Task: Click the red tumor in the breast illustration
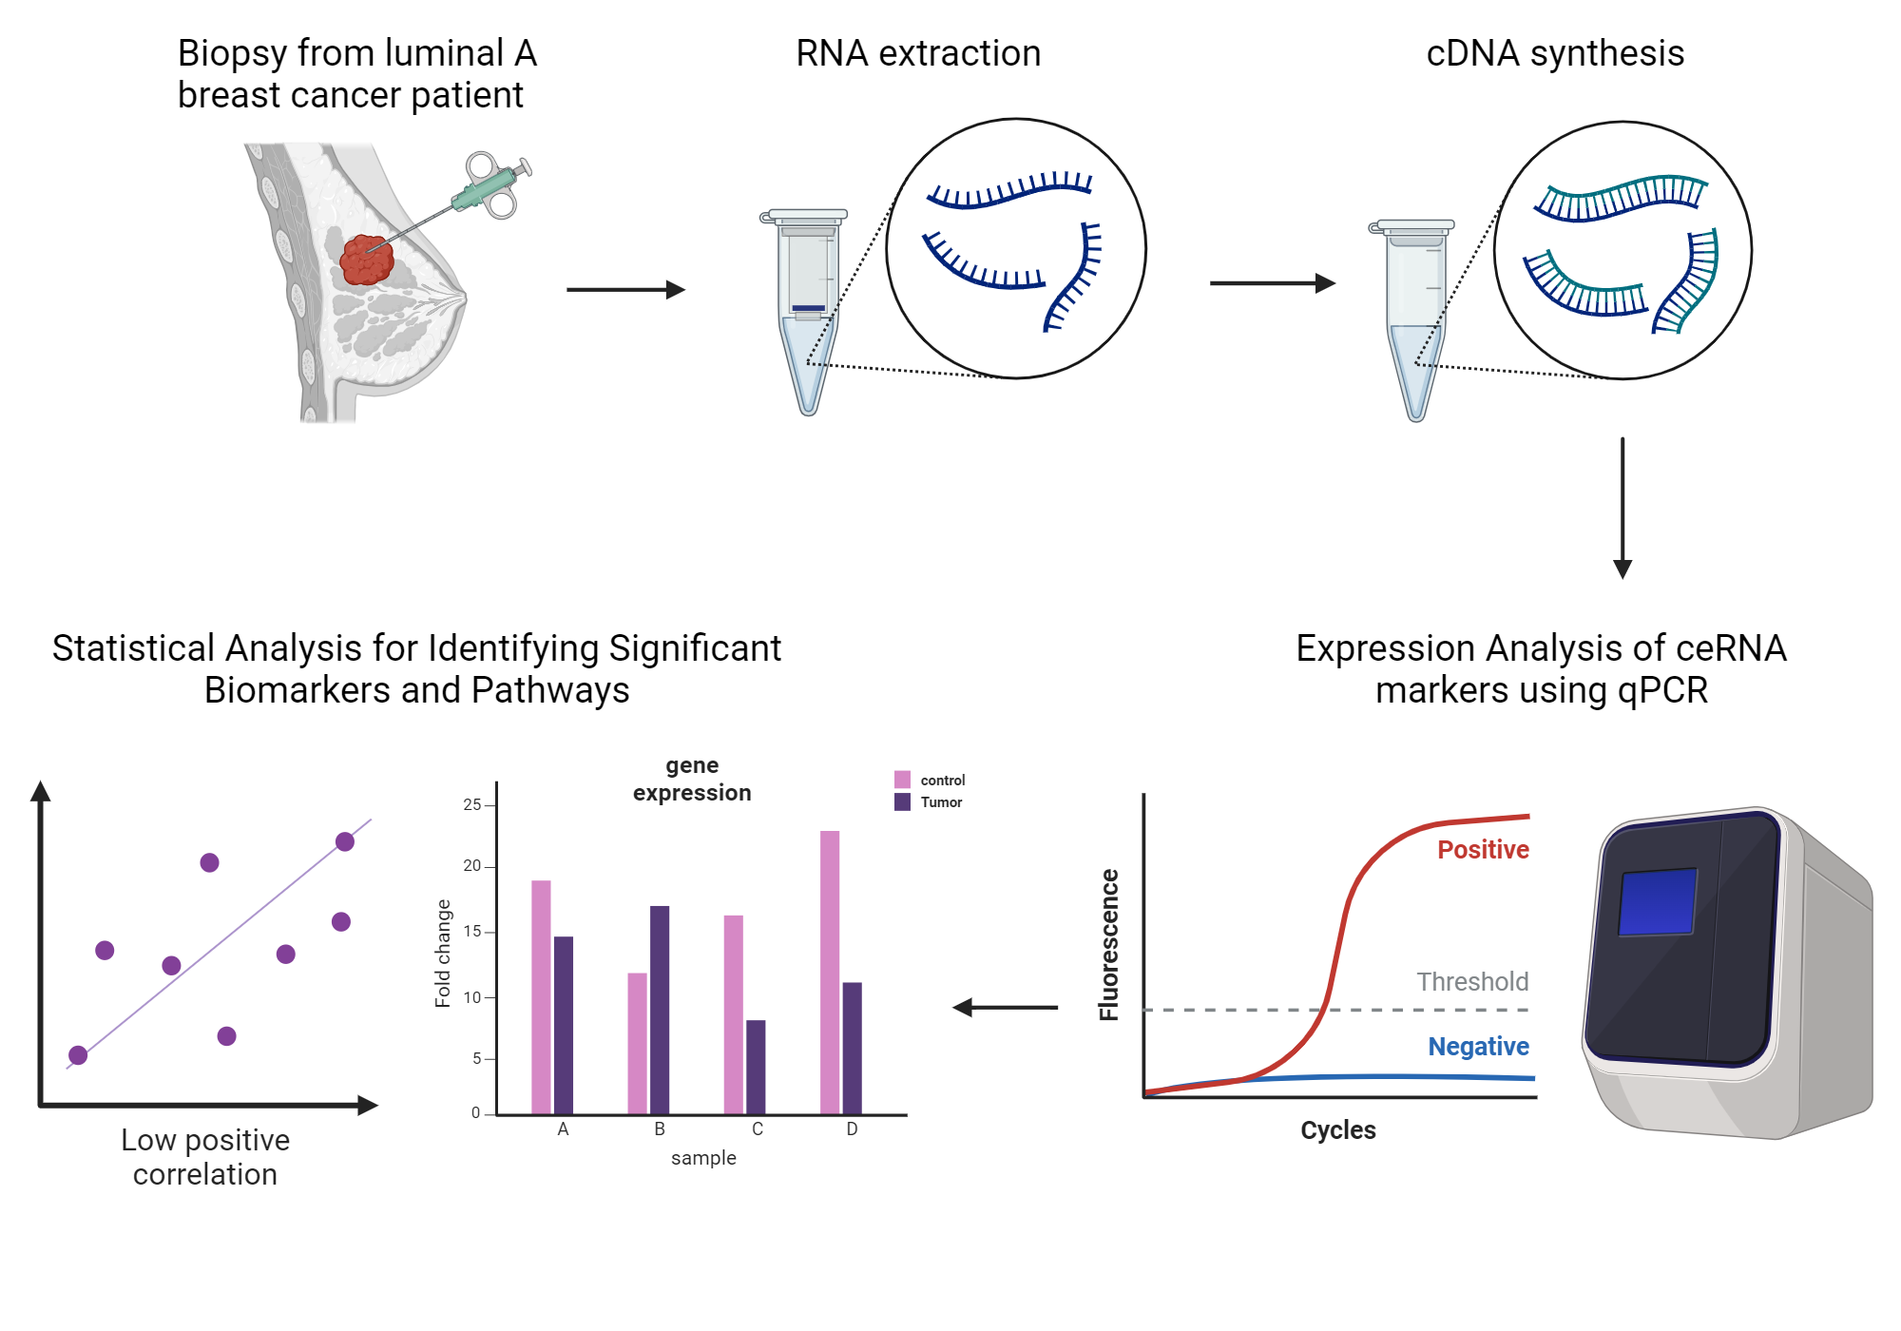point(366,260)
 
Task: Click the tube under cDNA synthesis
point(1415,318)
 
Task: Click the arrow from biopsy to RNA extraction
point(625,289)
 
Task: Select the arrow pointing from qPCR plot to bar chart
point(1006,1007)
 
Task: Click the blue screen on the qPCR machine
point(1658,901)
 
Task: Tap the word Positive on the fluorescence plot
point(1482,849)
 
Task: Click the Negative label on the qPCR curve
point(1478,1046)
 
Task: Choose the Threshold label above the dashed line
point(1472,981)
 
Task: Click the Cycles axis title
point(1337,1129)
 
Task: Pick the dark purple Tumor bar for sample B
point(660,1010)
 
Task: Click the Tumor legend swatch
point(902,802)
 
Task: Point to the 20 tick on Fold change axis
point(472,866)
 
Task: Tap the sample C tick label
point(758,1128)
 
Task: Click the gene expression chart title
point(692,779)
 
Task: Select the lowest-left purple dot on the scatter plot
point(78,1054)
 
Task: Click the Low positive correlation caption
point(205,1156)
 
